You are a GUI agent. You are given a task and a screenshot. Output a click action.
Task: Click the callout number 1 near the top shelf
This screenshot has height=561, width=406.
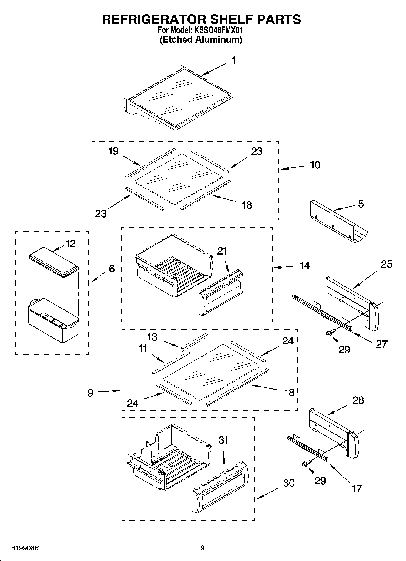point(234,60)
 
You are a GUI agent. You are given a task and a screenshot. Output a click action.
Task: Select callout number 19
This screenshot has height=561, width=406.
point(113,151)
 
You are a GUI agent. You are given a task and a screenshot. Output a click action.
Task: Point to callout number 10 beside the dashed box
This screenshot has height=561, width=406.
point(315,165)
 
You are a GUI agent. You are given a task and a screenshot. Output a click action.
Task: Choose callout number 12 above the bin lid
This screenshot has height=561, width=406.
point(70,244)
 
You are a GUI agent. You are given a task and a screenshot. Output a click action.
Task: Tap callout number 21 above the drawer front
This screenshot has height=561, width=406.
point(222,251)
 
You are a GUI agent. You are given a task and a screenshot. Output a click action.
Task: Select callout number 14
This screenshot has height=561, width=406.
point(304,266)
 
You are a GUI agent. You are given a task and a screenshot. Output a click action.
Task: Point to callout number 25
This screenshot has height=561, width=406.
point(387,264)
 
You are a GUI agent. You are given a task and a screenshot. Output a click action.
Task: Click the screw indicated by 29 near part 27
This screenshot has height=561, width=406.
point(329,333)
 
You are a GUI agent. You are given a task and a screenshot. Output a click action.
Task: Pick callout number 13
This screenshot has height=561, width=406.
point(152,337)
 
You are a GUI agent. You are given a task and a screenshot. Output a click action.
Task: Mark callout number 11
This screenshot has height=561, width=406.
point(143,348)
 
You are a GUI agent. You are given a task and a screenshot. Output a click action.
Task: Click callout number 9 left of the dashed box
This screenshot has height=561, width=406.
point(90,393)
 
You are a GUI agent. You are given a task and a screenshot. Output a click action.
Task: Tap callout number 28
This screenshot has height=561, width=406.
point(358,400)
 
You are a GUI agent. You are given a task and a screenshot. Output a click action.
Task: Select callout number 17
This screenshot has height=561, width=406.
point(357,488)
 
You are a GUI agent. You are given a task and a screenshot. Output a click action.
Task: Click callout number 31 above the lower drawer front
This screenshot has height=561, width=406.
point(223,440)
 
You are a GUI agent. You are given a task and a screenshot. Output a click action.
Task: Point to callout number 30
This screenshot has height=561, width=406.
point(289,483)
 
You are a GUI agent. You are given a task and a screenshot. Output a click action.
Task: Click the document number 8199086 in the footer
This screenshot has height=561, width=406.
point(25,548)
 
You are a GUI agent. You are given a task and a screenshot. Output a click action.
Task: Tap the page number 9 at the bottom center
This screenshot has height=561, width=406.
point(203,548)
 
